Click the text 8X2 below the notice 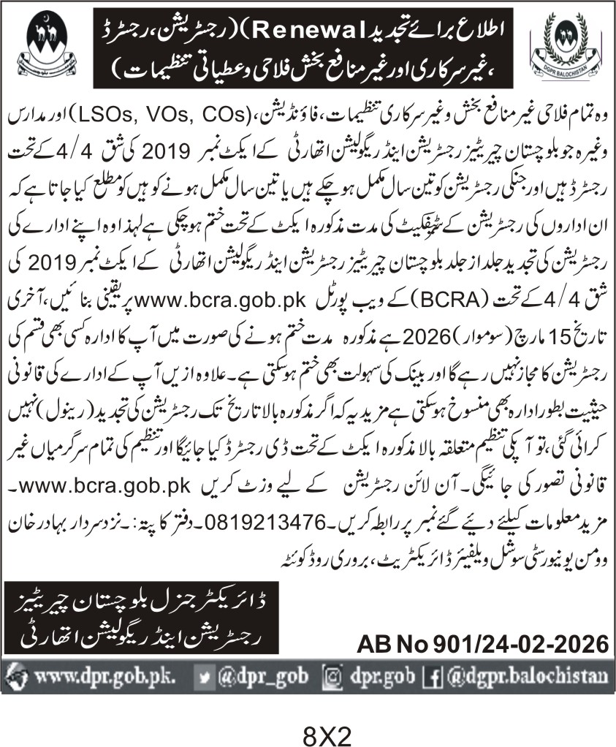(x=307, y=732)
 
